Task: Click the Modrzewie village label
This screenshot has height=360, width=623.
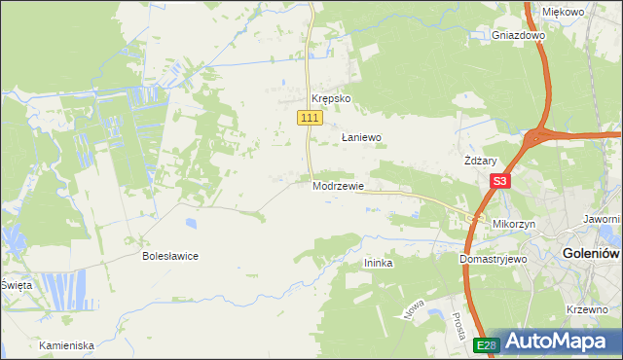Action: (339, 186)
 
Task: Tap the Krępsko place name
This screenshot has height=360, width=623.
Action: (330, 99)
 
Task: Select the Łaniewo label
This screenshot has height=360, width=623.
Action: (360, 138)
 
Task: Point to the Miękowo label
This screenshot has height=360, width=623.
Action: (563, 12)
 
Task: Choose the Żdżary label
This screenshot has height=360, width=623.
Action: (481, 162)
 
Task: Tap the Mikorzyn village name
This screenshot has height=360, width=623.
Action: (515, 224)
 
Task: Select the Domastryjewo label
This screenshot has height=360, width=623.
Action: (493, 260)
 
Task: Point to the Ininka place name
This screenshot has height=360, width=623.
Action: (378, 263)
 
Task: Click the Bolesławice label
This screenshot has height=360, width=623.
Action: (170, 256)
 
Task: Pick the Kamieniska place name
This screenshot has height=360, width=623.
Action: (66, 345)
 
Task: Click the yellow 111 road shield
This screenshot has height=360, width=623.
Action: (309, 118)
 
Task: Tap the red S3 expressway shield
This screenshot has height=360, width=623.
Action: (499, 181)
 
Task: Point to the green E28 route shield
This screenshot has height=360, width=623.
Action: (488, 345)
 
